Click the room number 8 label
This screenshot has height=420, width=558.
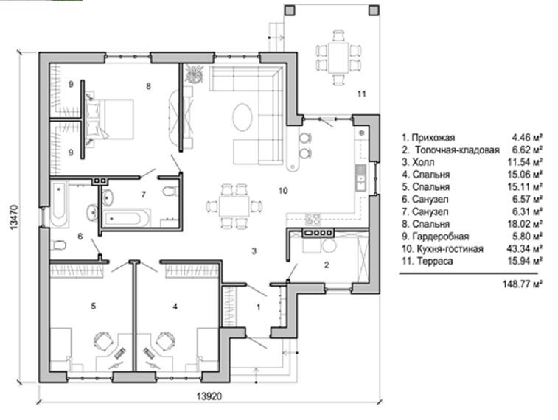click(148, 86)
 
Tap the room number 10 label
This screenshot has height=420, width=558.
click(283, 191)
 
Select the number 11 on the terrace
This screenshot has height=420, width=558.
click(361, 94)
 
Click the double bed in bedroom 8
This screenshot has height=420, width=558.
click(110, 119)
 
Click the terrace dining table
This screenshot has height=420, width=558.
click(339, 58)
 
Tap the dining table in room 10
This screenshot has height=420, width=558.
click(234, 206)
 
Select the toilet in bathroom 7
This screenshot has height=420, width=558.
click(170, 192)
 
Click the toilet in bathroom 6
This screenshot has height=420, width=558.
click(58, 245)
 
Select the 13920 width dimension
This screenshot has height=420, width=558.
click(209, 396)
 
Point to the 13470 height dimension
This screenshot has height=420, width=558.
click(13, 217)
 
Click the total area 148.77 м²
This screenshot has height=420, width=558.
click(523, 284)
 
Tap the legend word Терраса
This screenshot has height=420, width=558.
click(435, 261)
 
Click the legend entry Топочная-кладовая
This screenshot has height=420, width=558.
click(457, 150)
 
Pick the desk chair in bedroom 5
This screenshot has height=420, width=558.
click(104, 341)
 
